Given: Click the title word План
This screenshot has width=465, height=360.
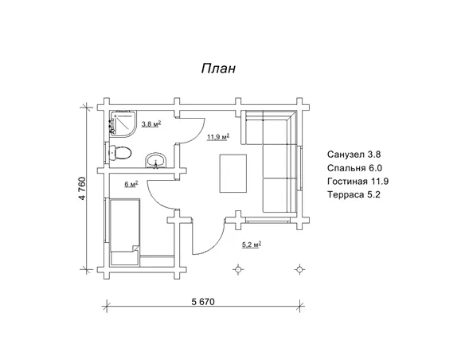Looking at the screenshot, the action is pyautogui.click(x=218, y=68).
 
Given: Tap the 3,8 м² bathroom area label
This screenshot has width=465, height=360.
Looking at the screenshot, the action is pyautogui.click(x=151, y=123).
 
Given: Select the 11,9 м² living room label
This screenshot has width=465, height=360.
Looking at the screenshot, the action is pyautogui.click(x=218, y=137).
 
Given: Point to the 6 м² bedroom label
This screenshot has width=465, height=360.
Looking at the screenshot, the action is pyautogui.click(x=131, y=184).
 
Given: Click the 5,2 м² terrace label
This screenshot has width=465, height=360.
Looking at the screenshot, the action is pyautogui.click(x=252, y=245).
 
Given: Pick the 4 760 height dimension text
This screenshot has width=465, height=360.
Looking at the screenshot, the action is pyautogui.click(x=82, y=188).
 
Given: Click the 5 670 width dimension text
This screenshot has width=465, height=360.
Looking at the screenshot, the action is pyautogui.click(x=203, y=302).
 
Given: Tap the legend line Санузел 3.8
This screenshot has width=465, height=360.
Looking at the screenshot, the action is pyautogui.click(x=354, y=155).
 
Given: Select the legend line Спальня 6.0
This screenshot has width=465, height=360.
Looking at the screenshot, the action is pyautogui.click(x=354, y=168).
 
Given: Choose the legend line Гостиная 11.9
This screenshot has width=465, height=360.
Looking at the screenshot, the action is pyautogui.click(x=358, y=181).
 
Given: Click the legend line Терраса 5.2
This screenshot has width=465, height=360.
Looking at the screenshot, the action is pyautogui.click(x=354, y=194).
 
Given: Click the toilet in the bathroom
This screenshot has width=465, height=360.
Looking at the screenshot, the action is pyautogui.click(x=120, y=153).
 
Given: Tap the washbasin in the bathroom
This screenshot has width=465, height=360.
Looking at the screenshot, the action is pyautogui.click(x=156, y=161).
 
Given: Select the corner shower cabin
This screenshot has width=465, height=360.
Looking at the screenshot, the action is pyautogui.click(x=123, y=123).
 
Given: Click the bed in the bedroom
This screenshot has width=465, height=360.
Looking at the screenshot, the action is pyautogui.click(x=125, y=232).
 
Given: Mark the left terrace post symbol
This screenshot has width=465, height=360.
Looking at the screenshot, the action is pyautogui.click(x=238, y=269).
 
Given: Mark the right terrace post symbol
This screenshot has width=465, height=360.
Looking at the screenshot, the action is pyautogui.click(x=299, y=269).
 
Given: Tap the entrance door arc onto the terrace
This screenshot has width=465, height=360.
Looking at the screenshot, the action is pyautogui.click(x=216, y=245).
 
